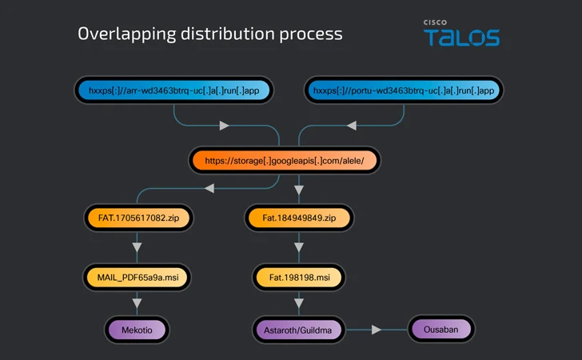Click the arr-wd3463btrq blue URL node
173,90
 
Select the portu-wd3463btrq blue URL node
404,90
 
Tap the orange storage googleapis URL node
284,160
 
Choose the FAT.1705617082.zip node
138,217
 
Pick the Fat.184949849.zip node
299,217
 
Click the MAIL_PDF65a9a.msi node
138,278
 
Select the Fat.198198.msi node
298,278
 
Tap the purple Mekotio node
137,329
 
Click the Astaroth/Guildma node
298,329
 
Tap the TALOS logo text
461,38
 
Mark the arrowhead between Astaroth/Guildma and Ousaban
377,329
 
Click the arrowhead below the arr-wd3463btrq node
225,126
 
